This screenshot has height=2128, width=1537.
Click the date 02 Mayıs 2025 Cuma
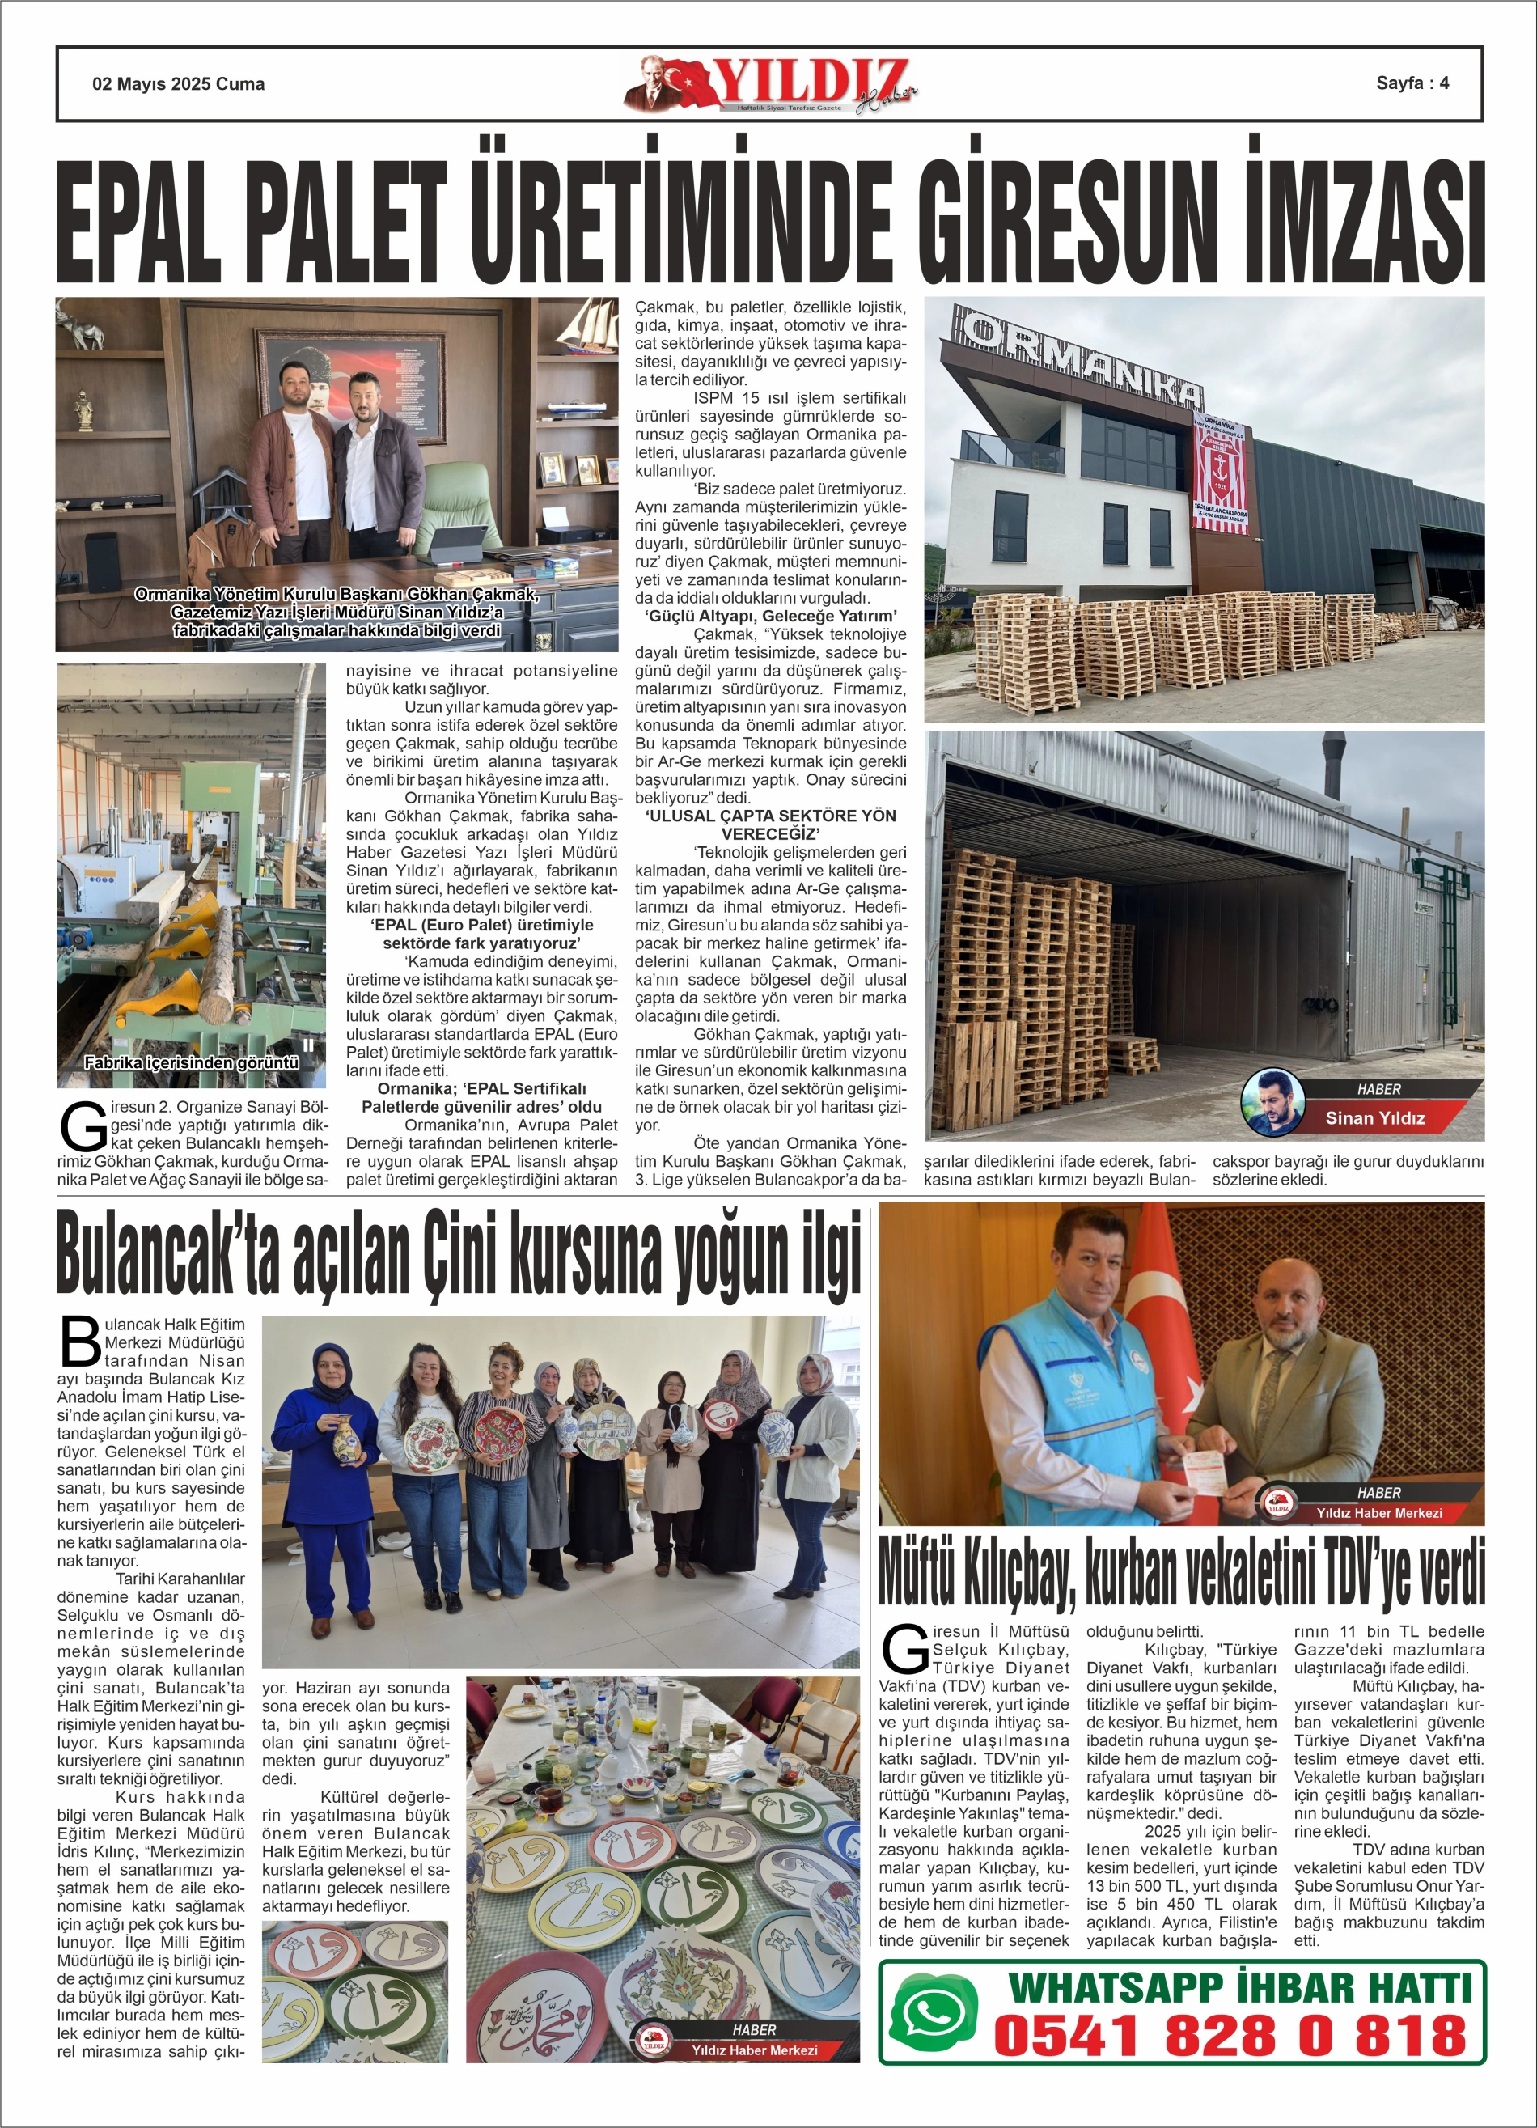click(178, 83)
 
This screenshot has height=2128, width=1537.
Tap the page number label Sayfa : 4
click(1412, 83)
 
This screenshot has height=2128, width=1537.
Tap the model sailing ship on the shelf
click(586, 323)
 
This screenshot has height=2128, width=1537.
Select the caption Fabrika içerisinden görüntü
click(192, 1063)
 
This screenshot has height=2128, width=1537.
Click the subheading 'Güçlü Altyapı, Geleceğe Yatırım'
click(770, 616)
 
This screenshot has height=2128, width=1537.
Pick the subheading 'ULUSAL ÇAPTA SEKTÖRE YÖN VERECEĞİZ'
click(770, 824)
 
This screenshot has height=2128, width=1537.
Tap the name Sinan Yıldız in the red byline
click(1374, 1117)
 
